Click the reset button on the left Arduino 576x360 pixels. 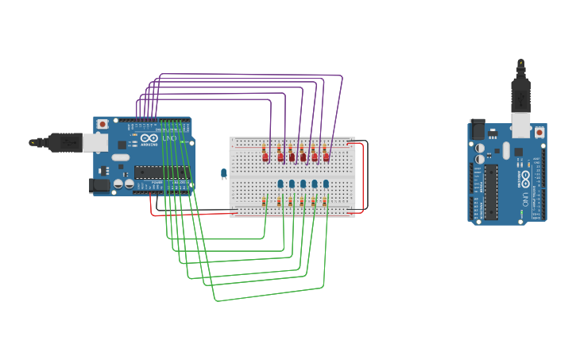click(102, 124)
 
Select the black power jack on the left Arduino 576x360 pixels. click(99, 185)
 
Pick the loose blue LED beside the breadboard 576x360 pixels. click(224, 173)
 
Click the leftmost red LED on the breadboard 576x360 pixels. click(265, 157)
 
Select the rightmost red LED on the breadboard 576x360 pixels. click(326, 157)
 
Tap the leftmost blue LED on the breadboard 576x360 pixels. click(280, 184)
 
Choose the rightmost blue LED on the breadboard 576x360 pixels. click(326, 184)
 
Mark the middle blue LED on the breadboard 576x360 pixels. click(303, 184)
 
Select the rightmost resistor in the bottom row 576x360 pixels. click(324, 202)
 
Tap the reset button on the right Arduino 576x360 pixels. click(539, 133)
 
